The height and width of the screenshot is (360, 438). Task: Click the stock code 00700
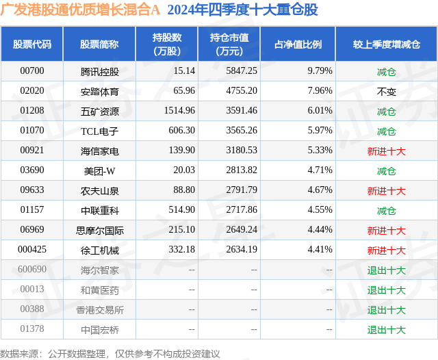click(x=32, y=71)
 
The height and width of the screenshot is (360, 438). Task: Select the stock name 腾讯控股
click(x=99, y=71)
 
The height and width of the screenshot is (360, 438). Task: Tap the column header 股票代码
click(x=32, y=44)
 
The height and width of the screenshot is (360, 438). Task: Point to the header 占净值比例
click(x=298, y=44)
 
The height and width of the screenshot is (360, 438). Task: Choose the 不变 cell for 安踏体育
click(x=386, y=91)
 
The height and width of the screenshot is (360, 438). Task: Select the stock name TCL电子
click(x=99, y=131)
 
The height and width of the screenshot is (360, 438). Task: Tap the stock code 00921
click(x=32, y=151)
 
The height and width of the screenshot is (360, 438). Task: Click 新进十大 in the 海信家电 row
click(x=386, y=151)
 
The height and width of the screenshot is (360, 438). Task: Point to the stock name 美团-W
click(x=99, y=170)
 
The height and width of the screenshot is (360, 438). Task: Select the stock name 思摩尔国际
click(x=99, y=231)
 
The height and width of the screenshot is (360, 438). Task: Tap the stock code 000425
click(x=32, y=250)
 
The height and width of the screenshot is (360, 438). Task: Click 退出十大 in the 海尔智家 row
click(x=386, y=270)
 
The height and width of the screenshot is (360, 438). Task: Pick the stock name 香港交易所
click(x=99, y=310)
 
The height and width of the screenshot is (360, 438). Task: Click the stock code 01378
click(x=32, y=330)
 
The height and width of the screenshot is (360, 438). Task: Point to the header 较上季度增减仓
click(x=386, y=44)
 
